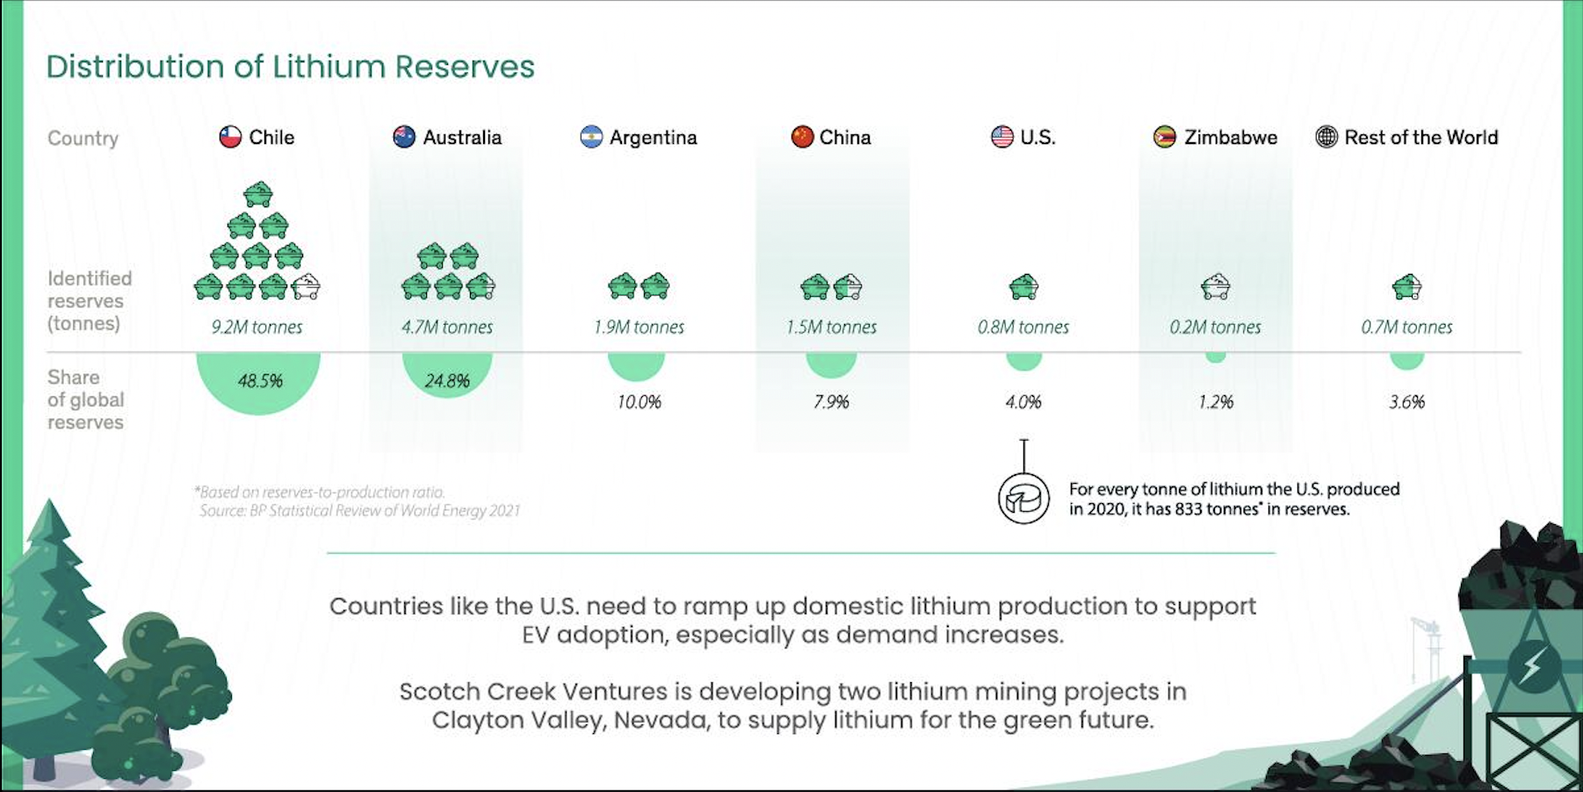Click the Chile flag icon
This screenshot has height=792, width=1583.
[230, 137]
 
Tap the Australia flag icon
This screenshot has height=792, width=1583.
[404, 137]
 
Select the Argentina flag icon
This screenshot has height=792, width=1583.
[591, 137]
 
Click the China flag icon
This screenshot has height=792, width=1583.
[802, 137]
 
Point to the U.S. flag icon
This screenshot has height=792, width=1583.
[1002, 137]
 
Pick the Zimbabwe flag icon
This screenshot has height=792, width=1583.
[1165, 137]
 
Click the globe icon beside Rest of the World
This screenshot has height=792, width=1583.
[1326, 137]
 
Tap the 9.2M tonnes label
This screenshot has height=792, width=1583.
[257, 328]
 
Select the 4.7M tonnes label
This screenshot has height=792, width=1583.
[447, 328]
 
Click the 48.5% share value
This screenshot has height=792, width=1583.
[260, 381]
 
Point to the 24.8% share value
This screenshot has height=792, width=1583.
[447, 381]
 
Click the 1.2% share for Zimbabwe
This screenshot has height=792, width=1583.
[1216, 402]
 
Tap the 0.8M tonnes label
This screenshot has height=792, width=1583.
[1023, 328]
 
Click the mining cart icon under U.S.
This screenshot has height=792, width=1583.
[1023, 286]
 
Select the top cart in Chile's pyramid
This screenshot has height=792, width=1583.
[258, 194]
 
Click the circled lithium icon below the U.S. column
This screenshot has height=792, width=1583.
[1023, 499]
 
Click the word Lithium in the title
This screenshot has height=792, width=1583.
[329, 67]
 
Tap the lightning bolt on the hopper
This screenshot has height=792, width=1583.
[1531, 666]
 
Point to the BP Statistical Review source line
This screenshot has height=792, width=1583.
[359, 510]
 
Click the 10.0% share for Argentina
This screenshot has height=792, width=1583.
[639, 402]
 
